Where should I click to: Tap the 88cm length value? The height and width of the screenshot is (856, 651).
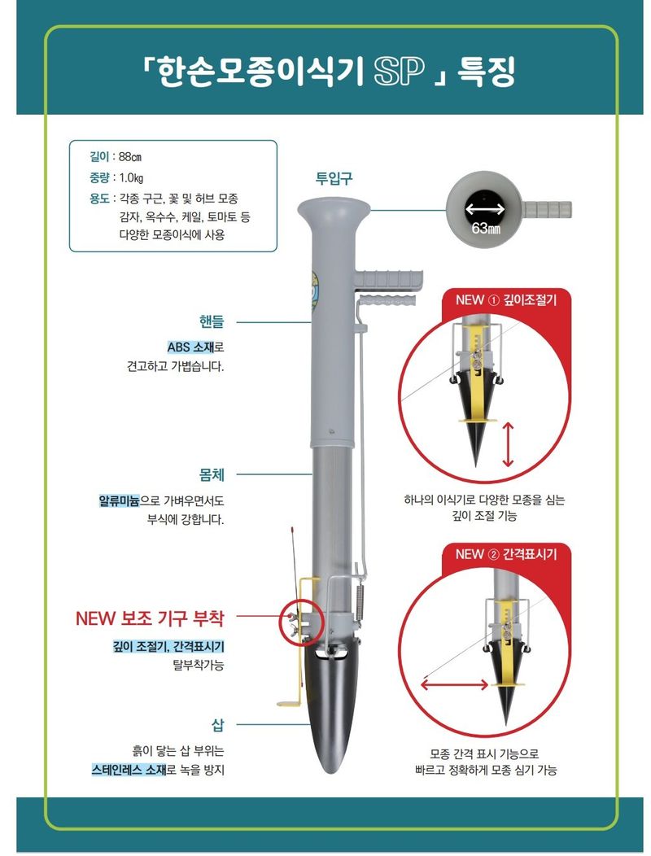coord(130,157)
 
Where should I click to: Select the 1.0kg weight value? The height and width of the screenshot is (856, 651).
coord(132,177)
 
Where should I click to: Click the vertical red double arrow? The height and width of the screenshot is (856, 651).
coord(509,443)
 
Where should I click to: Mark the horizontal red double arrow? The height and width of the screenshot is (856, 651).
coord(456,686)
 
